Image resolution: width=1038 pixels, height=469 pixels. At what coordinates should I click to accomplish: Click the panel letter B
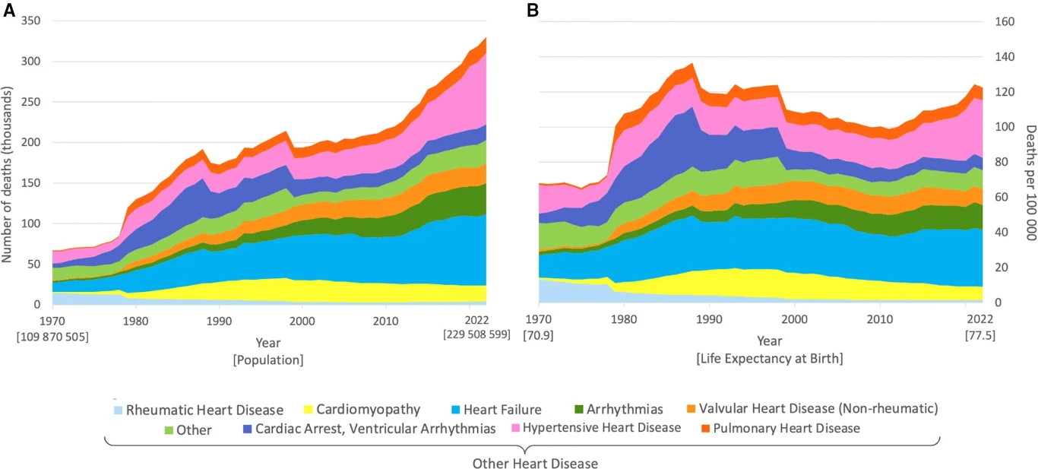coord(533,10)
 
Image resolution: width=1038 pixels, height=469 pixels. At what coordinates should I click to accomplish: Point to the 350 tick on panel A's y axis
coord(30,21)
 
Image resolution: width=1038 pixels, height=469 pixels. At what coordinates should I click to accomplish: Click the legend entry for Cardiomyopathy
coord(369,409)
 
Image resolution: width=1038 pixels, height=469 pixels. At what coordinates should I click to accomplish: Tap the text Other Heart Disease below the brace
coord(535,463)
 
